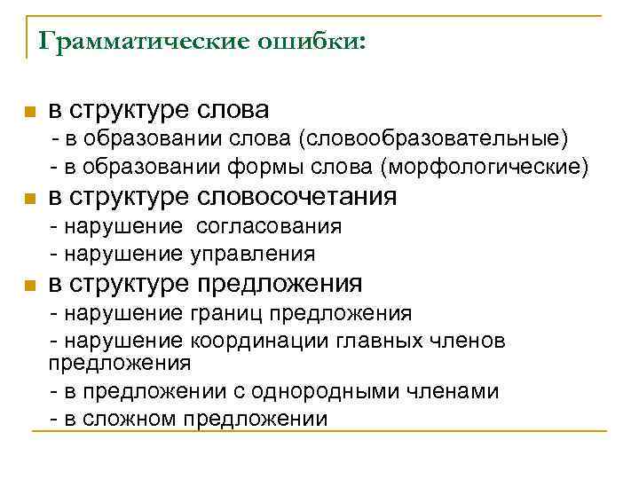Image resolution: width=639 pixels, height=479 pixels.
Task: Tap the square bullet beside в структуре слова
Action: [x=28, y=113]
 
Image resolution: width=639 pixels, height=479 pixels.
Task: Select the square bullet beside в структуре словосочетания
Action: [x=28, y=199]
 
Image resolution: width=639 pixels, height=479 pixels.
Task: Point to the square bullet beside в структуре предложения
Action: [x=28, y=286]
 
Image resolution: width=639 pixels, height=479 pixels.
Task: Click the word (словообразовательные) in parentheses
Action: [x=434, y=140]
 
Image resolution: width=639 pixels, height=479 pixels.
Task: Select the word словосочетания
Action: [x=298, y=197]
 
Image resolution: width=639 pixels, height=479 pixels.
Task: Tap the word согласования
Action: [x=269, y=226]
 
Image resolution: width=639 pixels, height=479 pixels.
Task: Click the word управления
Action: [x=252, y=254]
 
